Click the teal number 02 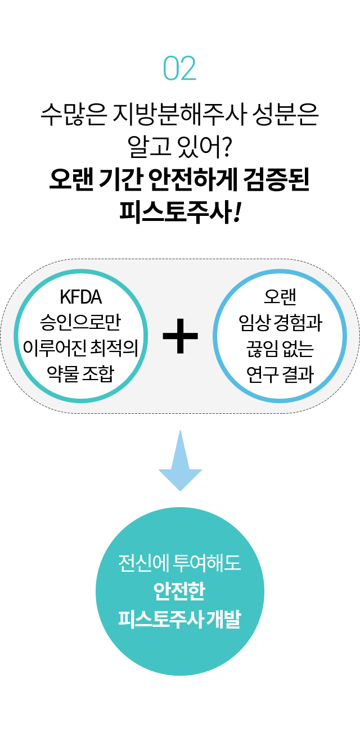[180, 68]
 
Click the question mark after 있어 [226, 146]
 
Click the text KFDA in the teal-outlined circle [81, 297]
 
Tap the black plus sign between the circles [180, 336]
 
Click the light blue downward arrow [180, 460]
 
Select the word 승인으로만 [80, 322]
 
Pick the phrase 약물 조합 [80, 373]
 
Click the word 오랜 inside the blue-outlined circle [280, 297]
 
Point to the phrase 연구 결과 [280, 374]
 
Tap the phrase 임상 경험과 [280, 323]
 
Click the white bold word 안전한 [179, 590]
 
